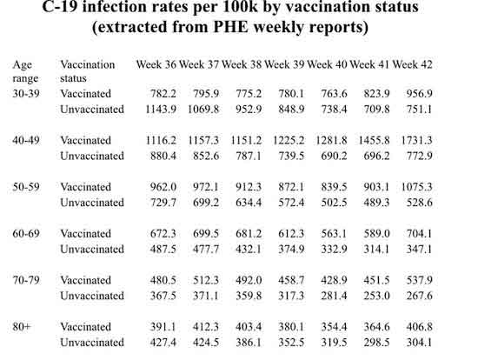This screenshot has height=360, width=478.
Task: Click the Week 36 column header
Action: tap(156, 64)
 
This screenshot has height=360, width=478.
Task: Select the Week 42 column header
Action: tap(412, 64)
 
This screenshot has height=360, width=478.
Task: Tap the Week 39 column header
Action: tap(284, 64)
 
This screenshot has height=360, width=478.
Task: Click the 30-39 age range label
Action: tap(26, 93)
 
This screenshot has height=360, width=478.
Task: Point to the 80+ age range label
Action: tap(22, 327)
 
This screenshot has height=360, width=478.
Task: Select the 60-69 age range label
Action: tap(26, 233)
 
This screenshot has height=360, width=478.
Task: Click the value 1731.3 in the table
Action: tap(416, 140)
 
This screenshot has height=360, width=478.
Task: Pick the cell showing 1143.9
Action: tap(161, 110)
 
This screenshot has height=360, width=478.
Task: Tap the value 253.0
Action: tap(376, 296)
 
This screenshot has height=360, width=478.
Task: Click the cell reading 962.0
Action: tap(163, 187)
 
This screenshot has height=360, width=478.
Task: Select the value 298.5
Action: tap(376, 343)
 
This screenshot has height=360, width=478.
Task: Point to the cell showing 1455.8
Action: tap(374, 140)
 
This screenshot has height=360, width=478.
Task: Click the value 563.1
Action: tap(334, 233)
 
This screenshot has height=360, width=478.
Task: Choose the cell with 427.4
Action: tap(163, 343)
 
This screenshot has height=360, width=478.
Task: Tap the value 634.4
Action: tap(249, 203)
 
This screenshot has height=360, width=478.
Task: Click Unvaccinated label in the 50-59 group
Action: tap(92, 203)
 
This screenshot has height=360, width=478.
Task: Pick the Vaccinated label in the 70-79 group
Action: tap(86, 280)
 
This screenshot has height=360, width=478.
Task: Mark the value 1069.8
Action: tap(203, 110)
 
